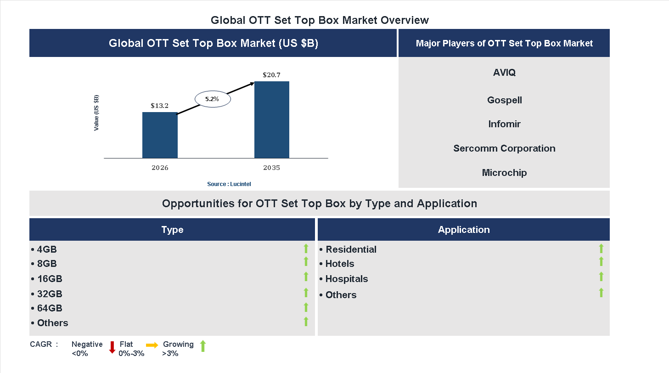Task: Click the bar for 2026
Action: click(x=160, y=135)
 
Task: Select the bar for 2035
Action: click(x=272, y=120)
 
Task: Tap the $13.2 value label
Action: click(x=160, y=106)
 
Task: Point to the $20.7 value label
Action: click(x=271, y=74)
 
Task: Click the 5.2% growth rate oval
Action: click(x=212, y=99)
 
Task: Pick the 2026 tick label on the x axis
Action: click(x=160, y=168)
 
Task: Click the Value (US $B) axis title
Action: click(x=96, y=113)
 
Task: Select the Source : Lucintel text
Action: click(x=229, y=184)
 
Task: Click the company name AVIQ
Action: click(x=504, y=73)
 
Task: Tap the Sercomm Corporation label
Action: click(x=504, y=148)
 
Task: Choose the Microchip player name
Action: click(x=504, y=173)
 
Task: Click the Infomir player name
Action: click(x=504, y=124)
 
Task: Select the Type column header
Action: click(x=172, y=230)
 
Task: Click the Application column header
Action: click(x=464, y=230)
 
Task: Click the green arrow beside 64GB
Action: click(x=306, y=307)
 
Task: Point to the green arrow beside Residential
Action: click(x=601, y=249)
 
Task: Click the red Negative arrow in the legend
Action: click(x=112, y=347)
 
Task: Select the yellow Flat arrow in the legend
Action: click(x=152, y=345)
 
